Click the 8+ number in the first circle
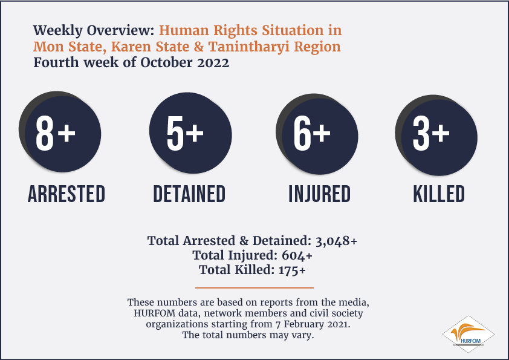point(56,133)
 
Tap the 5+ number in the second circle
point(185,133)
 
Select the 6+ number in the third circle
point(312,133)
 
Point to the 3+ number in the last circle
point(431,133)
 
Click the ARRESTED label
point(66,194)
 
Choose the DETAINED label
point(189,194)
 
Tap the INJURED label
point(320,194)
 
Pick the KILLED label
point(439,194)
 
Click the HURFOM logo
point(468,335)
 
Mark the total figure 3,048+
point(336,241)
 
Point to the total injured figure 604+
point(297,255)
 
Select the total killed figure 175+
point(292,270)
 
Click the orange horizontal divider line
point(254,287)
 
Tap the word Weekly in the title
point(58,31)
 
